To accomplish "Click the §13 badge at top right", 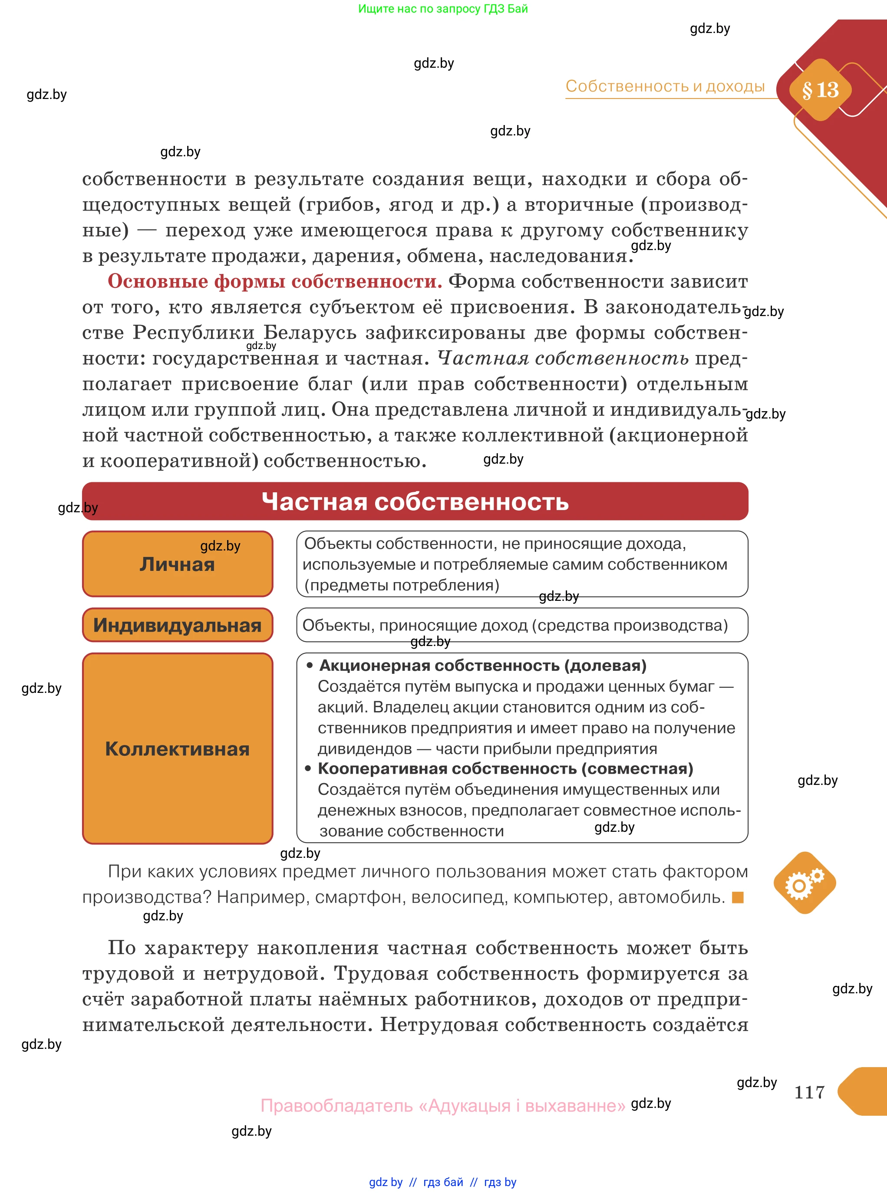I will (820, 90).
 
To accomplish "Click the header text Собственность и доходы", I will (665, 86).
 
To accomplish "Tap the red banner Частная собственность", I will (415, 501).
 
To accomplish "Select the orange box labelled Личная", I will (177, 564).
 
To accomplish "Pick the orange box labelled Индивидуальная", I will (177, 625).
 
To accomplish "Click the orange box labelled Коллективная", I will (177, 748).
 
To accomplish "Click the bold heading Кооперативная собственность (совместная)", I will (505, 768).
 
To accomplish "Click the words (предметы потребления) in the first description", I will (402, 585).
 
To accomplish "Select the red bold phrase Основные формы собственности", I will (274, 281).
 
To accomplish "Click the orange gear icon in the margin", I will (805, 883).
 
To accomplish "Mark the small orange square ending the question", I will (738, 897).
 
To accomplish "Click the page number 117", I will (809, 1092).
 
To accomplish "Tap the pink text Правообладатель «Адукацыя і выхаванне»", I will (443, 1105).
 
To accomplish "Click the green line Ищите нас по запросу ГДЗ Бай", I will (443, 9).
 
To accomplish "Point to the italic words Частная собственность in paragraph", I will (563, 358).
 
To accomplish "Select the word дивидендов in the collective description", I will (365, 748).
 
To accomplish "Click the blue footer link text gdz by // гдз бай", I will (416, 1182).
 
